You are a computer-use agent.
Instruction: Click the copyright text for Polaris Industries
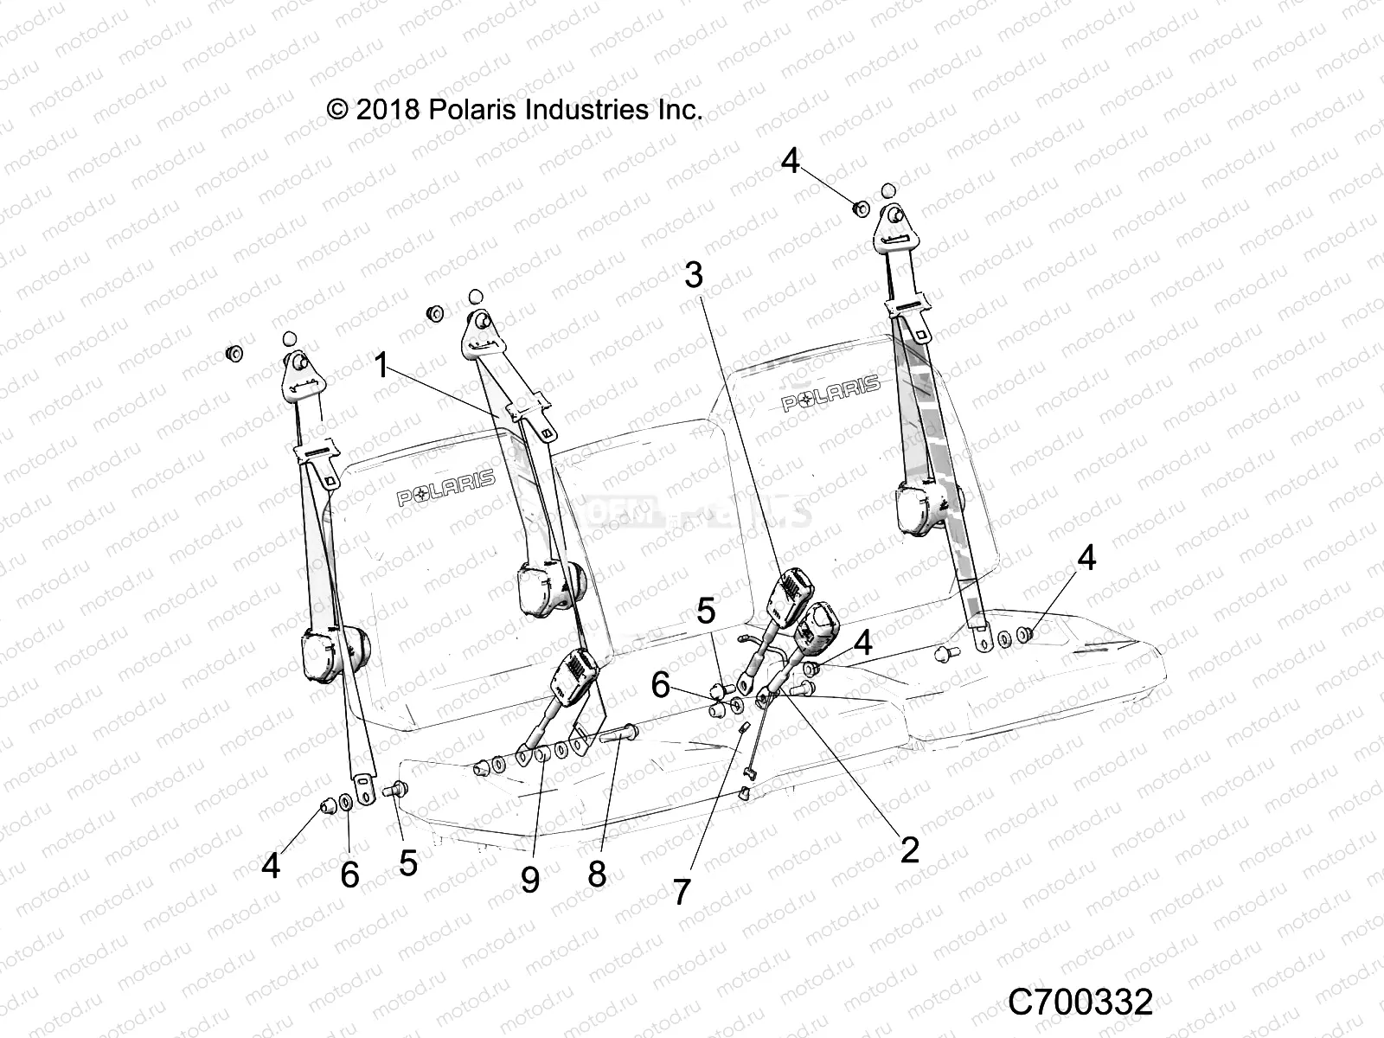click(x=514, y=110)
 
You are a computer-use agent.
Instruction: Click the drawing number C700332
click(x=1080, y=1003)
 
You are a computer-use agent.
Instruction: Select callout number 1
click(x=381, y=366)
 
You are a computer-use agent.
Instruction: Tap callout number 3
click(x=694, y=275)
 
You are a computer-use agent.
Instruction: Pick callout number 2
click(x=909, y=849)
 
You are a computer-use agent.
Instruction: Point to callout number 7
click(x=682, y=891)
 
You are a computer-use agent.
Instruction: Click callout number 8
click(x=597, y=875)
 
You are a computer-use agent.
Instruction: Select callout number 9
click(x=529, y=879)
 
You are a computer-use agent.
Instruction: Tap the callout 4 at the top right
click(x=791, y=161)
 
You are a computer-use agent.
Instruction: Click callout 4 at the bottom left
click(x=272, y=865)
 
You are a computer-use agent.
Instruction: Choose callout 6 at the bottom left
click(x=349, y=875)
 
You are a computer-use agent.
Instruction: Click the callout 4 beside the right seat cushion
click(x=1086, y=559)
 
